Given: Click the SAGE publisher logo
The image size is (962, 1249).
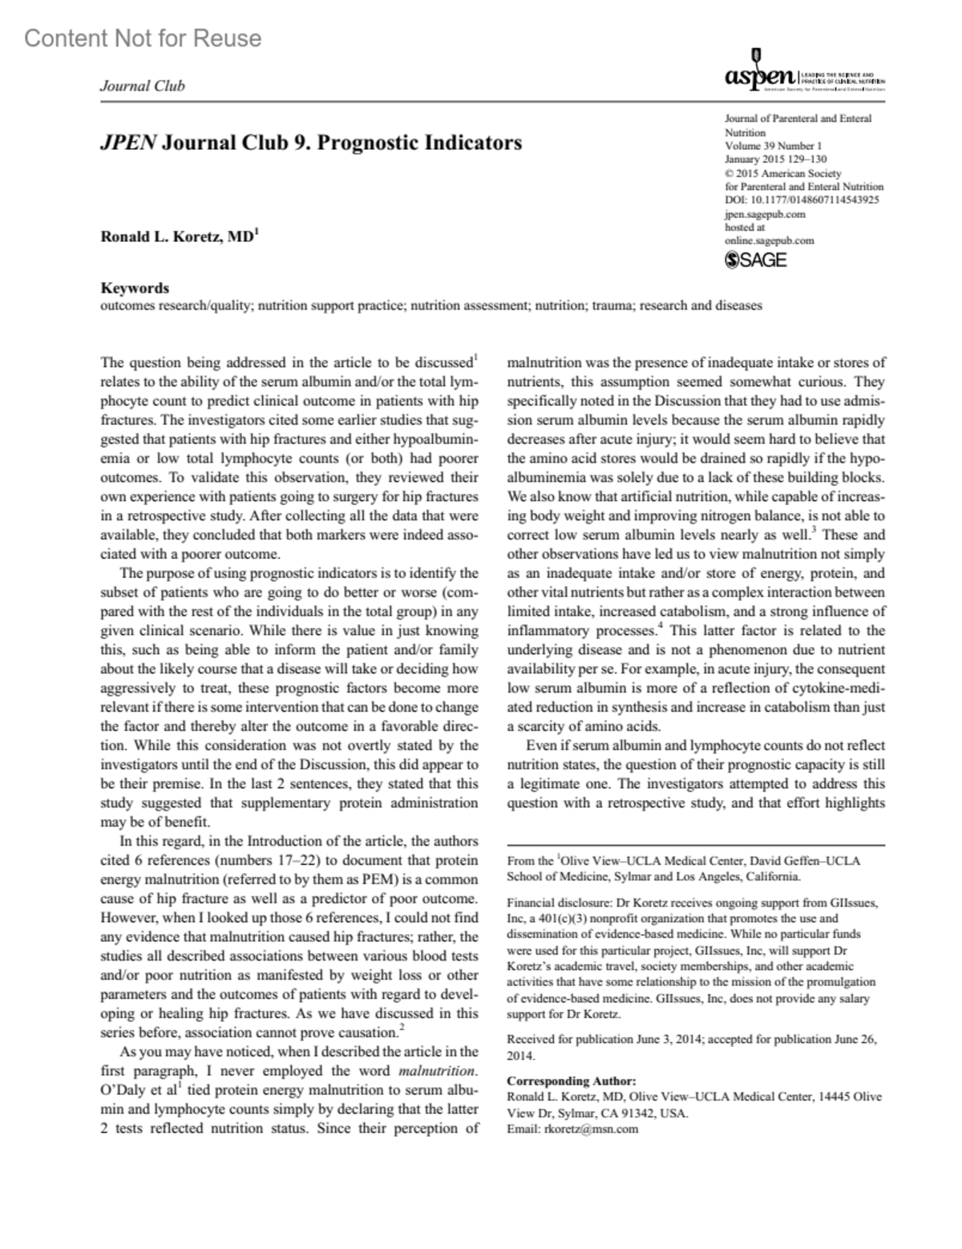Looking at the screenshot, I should point(755,260).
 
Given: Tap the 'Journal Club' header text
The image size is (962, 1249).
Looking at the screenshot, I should point(142,86).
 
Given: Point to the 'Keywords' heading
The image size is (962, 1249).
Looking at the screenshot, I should point(135,288).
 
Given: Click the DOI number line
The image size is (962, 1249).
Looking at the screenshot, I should point(801,200).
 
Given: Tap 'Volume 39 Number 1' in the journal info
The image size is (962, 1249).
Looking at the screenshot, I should point(773,146).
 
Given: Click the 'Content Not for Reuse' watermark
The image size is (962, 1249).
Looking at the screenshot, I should point(143,38).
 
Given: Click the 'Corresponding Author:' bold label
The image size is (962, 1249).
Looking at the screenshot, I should point(572,1081).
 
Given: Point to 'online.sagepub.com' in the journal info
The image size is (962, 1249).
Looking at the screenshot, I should point(769,240).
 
